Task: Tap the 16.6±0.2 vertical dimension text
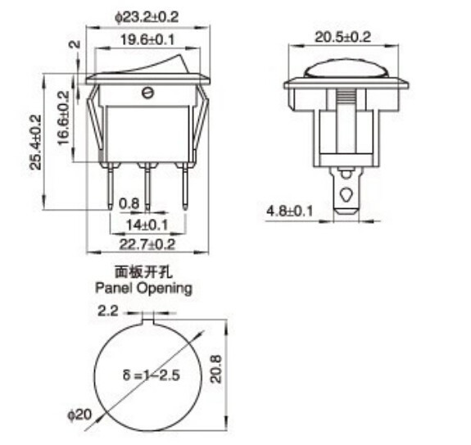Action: click(63, 119)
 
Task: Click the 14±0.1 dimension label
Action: click(147, 224)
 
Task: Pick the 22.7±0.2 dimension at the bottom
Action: click(147, 243)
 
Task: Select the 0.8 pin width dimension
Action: click(129, 203)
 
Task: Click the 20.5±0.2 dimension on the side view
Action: click(343, 37)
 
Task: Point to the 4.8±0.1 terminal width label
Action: click(290, 211)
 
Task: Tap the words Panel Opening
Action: click(143, 288)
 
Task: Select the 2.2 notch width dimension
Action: click(108, 311)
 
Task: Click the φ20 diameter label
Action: click(79, 415)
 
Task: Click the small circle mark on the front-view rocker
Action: click(148, 93)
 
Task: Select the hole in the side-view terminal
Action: click(347, 196)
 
